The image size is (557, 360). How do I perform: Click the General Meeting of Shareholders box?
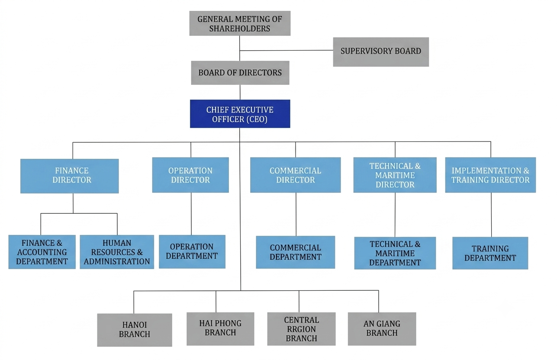click(240, 23)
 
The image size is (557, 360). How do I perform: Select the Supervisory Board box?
click(381, 52)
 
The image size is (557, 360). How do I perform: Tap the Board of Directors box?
click(240, 73)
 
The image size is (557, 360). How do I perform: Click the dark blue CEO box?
click(240, 114)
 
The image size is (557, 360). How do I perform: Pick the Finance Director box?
click(69, 176)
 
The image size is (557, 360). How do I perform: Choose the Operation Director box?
click(190, 175)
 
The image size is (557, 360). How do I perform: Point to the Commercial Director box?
click(296, 175)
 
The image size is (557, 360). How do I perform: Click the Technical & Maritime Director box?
click(395, 175)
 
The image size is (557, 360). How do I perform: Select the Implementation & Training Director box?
click(490, 175)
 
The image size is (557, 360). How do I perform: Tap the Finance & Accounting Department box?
click(42, 252)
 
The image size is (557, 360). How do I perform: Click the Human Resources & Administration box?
click(117, 252)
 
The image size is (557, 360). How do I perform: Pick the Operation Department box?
click(192, 251)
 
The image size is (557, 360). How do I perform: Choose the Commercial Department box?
click(296, 252)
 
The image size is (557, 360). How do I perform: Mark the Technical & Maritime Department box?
click(395, 253)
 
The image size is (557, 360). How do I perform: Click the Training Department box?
click(490, 253)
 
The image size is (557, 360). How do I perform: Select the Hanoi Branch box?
click(135, 330)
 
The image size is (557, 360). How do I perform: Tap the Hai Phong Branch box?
click(220, 329)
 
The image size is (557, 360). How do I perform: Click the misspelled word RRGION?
click(301, 329)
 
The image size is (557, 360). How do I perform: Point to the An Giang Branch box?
click(382, 329)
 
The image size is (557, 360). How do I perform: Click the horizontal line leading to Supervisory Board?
click(287, 51)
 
